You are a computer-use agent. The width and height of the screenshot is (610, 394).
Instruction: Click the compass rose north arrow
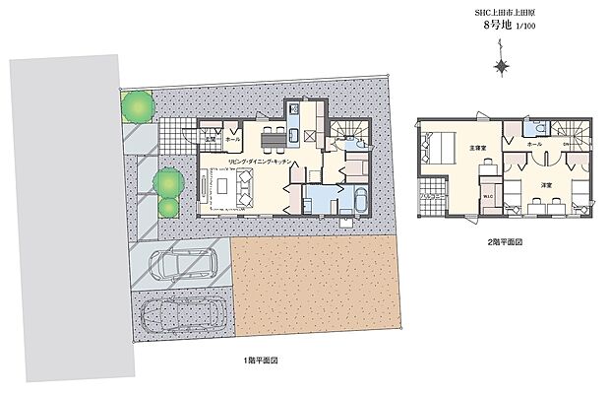[x=502, y=67]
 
